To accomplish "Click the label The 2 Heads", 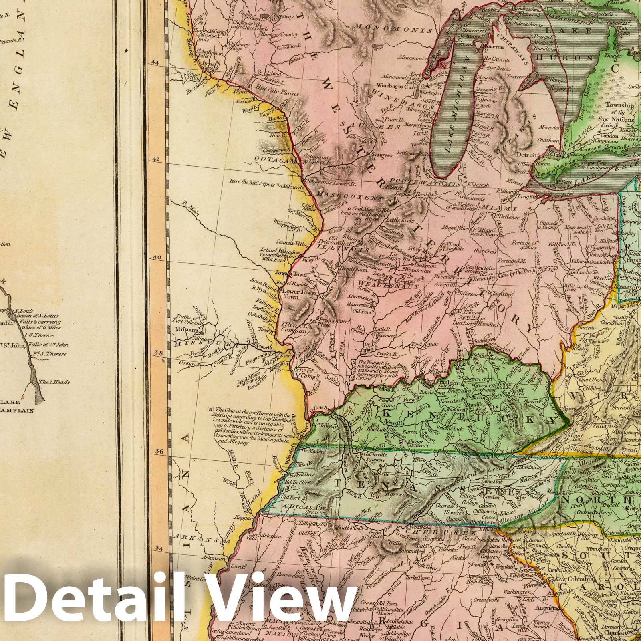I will tap(56, 382).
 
